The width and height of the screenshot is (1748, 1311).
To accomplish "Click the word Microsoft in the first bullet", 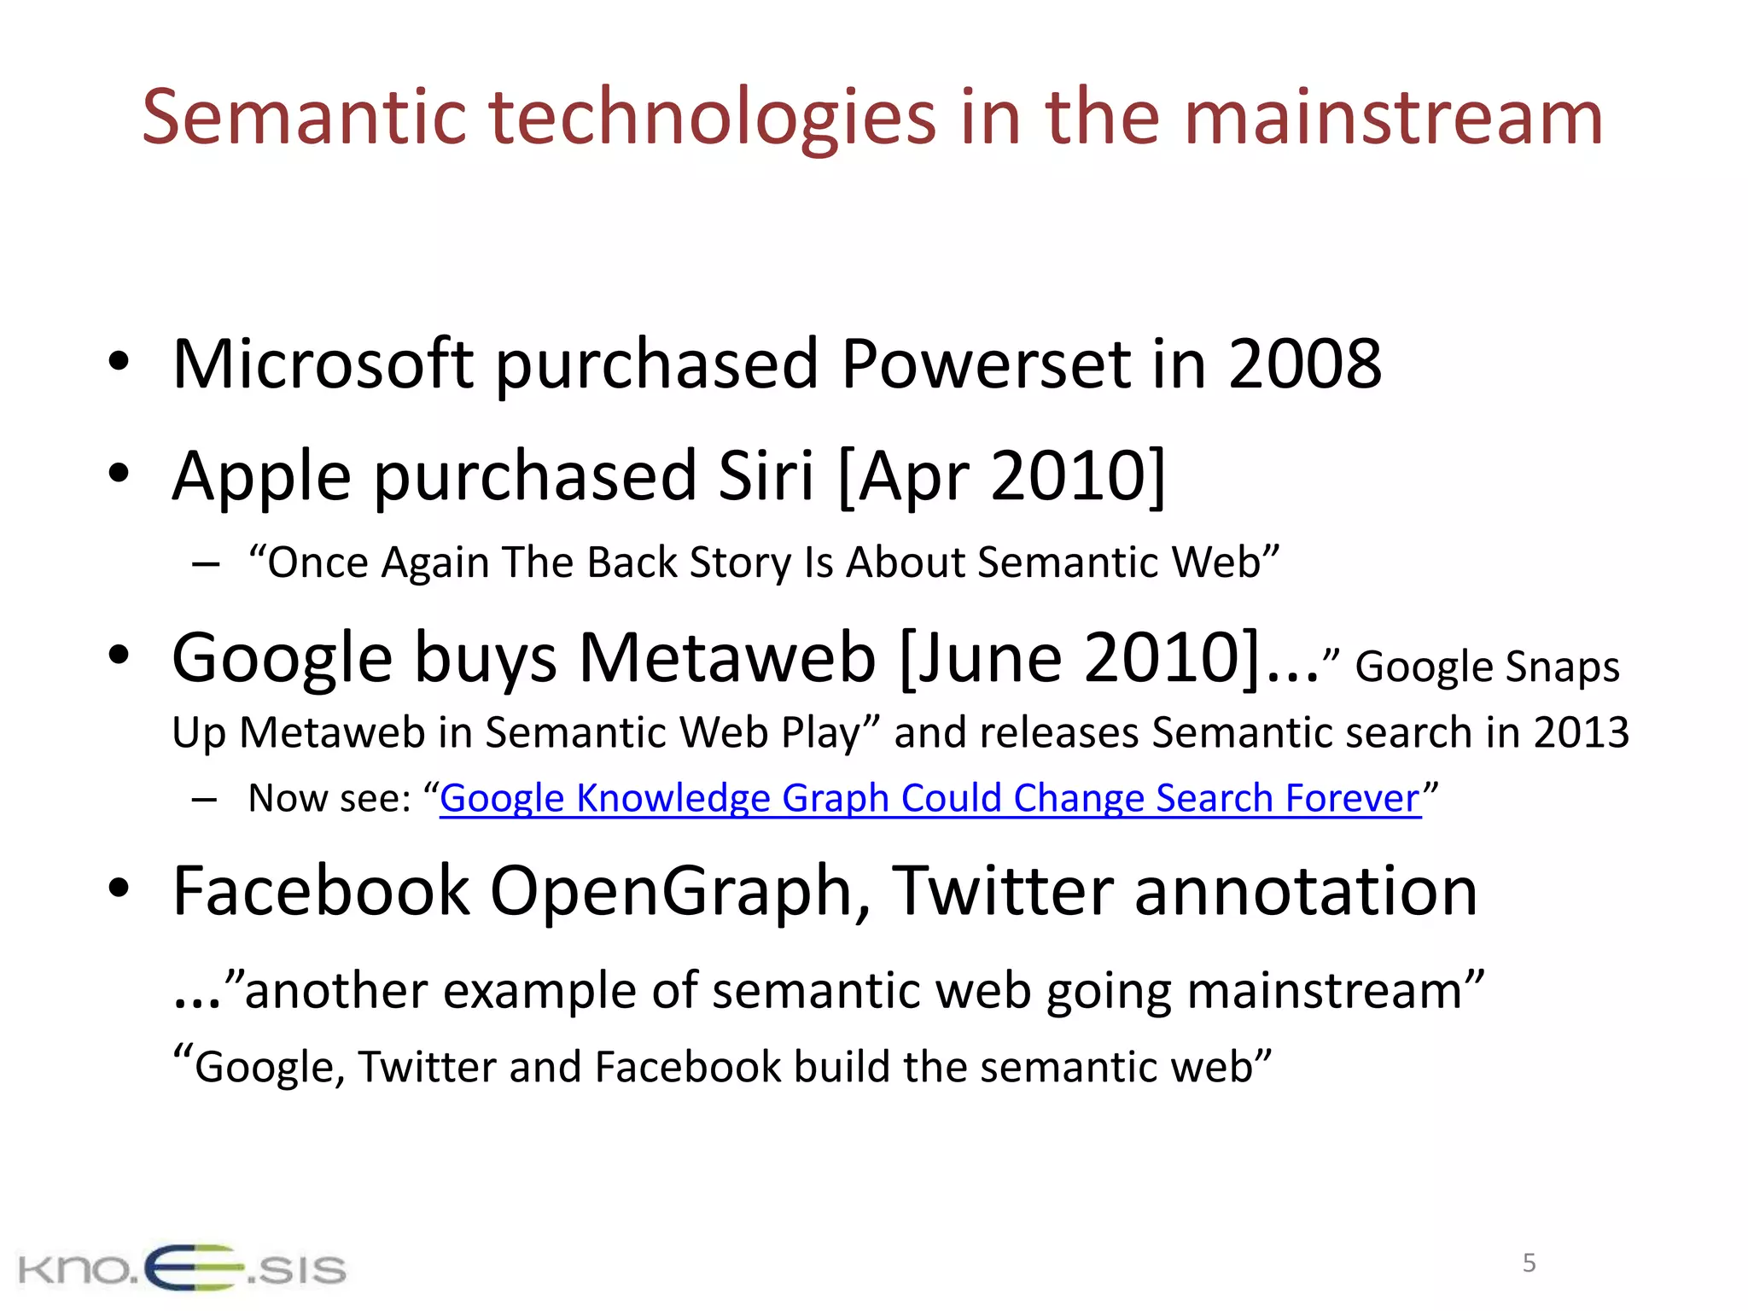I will (323, 364).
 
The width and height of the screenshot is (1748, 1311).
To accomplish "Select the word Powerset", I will (984, 364).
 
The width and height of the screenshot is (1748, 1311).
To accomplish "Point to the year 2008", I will (1304, 364).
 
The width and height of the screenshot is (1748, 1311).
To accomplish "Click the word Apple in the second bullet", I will (261, 477).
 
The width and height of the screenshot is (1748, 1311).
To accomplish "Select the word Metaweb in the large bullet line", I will (727, 658).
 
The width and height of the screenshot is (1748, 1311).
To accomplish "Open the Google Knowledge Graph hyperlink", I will (930, 799).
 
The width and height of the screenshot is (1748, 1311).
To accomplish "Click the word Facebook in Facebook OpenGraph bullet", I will (320, 891).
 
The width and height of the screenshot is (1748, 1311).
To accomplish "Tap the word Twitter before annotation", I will (1002, 891).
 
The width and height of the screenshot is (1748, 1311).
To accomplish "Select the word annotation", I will (1305, 891).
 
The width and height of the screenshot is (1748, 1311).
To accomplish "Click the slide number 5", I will (1529, 1263).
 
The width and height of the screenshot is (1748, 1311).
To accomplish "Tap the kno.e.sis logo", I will (182, 1267).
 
